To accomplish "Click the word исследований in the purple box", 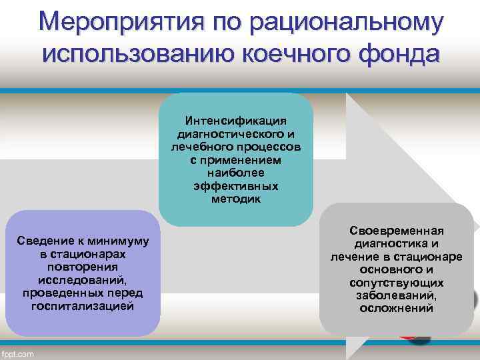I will pyautogui.click(x=83, y=281).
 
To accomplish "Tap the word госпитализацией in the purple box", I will pyautogui.click(x=83, y=307).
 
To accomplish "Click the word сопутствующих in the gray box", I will pyautogui.click(x=397, y=283).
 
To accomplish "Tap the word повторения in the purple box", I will pyautogui.click(x=83, y=267).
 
